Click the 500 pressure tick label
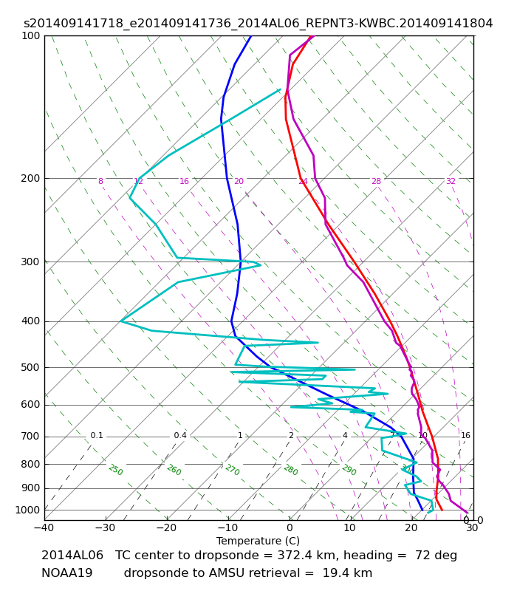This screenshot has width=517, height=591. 30,367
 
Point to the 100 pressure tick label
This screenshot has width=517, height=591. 30,35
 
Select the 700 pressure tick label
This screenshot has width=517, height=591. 30,437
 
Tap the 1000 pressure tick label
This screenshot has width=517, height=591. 27,510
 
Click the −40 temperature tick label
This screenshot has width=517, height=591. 44,527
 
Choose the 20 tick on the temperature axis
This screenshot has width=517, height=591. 411,527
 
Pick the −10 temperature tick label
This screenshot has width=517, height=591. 227,527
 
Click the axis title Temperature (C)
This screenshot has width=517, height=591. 258,542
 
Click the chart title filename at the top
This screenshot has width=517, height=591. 258,24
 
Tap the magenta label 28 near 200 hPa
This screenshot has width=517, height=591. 377,181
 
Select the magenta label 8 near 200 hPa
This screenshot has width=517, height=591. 100,181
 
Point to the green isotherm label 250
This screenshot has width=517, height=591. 116,470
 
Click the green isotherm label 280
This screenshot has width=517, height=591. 291,470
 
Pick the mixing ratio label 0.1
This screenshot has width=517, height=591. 97,435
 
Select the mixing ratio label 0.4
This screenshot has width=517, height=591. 180,435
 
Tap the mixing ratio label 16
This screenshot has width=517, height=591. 466,435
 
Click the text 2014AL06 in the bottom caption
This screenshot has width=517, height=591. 72,556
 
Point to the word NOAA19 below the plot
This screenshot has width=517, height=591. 66,573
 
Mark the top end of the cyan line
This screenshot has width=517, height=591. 281,89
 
